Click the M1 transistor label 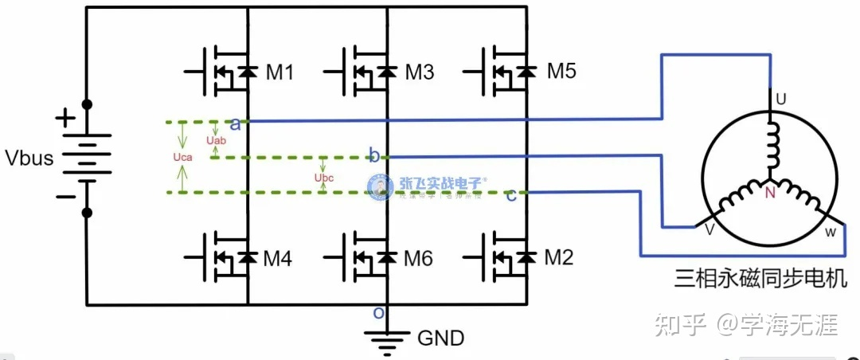pyautogui.click(x=279, y=72)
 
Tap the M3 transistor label pyautogui.click(x=419, y=72)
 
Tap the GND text pyautogui.click(x=440, y=338)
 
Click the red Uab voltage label pyautogui.click(x=217, y=141)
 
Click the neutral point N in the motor pyautogui.click(x=770, y=193)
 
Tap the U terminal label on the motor pyautogui.click(x=781, y=100)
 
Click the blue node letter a pyautogui.click(x=235, y=123)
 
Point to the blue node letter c pyautogui.click(x=510, y=195)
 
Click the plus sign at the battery pyautogui.click(x=64, y=119)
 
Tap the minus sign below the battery pyautogui.click(x=64, y=196)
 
